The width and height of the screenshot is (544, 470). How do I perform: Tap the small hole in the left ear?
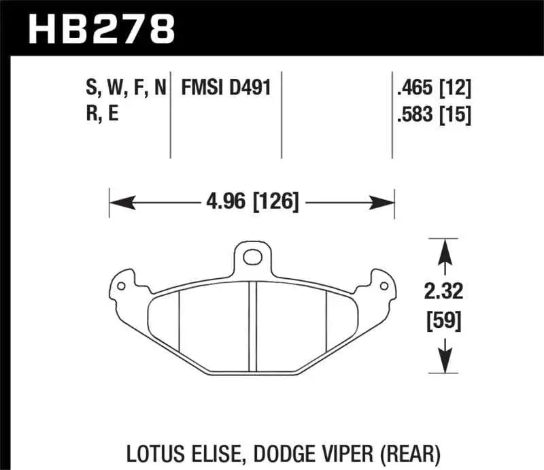pos(121,286)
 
